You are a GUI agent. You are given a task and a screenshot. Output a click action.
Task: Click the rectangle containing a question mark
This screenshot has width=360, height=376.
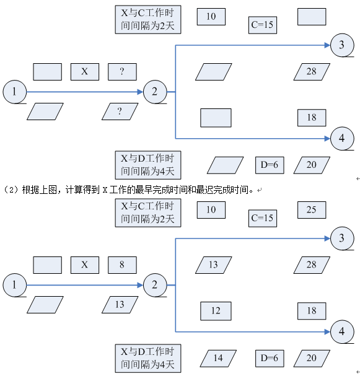122,72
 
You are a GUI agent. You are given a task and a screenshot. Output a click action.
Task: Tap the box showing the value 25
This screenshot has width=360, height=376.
311,210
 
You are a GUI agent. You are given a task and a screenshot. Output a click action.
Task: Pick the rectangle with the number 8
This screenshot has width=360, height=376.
122,265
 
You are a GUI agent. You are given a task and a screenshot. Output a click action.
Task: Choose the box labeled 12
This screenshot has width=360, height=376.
216,310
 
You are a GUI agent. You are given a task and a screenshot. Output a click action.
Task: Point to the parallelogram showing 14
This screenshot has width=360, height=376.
218,357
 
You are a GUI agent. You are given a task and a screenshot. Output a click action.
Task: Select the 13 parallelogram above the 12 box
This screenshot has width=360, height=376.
213,265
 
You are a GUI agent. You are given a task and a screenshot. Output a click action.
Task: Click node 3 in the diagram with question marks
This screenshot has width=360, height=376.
341,45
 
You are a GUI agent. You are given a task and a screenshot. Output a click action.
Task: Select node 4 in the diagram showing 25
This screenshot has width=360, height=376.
341,332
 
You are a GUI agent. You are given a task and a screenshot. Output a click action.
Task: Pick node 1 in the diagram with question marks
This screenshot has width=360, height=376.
14,92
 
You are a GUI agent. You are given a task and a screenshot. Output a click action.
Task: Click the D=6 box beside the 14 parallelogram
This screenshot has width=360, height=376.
269,357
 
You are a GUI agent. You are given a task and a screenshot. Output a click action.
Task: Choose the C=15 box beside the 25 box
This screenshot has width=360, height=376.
262,218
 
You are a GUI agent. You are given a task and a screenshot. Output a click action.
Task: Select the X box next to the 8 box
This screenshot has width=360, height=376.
85,265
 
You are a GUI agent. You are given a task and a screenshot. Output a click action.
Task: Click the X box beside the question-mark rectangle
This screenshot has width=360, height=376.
85,72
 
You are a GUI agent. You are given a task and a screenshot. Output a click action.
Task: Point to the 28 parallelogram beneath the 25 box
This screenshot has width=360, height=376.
311,265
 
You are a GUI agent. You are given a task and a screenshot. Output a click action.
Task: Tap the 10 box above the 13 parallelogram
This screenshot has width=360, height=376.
211,210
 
